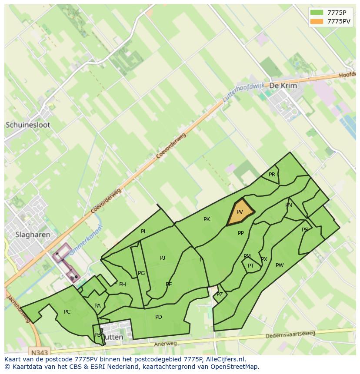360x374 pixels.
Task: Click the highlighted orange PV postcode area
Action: point(240,212)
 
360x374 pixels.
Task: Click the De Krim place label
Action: point(283,86)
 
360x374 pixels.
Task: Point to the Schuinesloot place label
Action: point(28,125)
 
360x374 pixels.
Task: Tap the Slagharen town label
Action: point(33,235)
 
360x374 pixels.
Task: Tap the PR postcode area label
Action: point(272,175)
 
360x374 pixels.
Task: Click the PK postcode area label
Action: point(207,219)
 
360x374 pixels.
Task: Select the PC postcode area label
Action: point(67,312)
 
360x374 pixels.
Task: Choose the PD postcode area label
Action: point(159,317)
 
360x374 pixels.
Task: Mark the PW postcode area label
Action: point(280,265)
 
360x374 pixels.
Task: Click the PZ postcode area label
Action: point(220,295)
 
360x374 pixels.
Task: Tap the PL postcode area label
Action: point(144,232)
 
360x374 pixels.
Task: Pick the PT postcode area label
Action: point(251,266)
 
